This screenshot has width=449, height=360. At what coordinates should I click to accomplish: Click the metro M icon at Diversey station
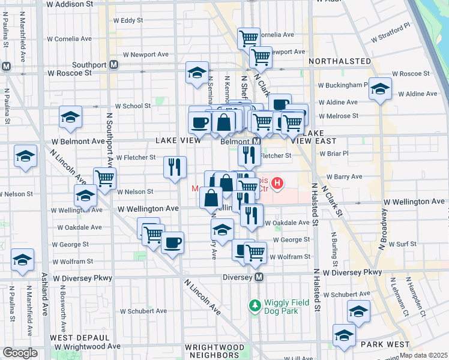click(259, 277)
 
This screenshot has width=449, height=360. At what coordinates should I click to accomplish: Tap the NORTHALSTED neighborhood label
click(339, 61)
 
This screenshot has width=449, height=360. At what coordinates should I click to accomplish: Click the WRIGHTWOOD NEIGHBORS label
click(214, 352)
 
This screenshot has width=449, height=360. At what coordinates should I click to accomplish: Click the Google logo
click(20, 353)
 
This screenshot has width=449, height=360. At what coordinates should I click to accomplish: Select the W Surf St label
click(402, 244)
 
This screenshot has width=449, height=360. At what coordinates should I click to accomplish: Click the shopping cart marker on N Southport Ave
click(104, 178)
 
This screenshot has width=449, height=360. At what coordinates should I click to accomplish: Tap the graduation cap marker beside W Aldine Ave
click(379, 89)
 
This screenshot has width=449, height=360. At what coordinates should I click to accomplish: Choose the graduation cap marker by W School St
click(70, 116)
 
